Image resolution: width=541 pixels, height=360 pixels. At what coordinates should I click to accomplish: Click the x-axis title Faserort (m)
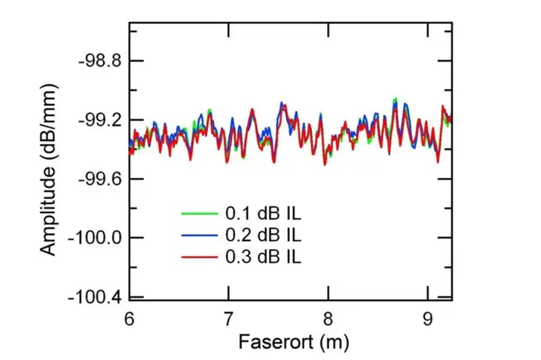[293, 343]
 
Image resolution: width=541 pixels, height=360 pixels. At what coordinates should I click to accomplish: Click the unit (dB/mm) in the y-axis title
[48, 136]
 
